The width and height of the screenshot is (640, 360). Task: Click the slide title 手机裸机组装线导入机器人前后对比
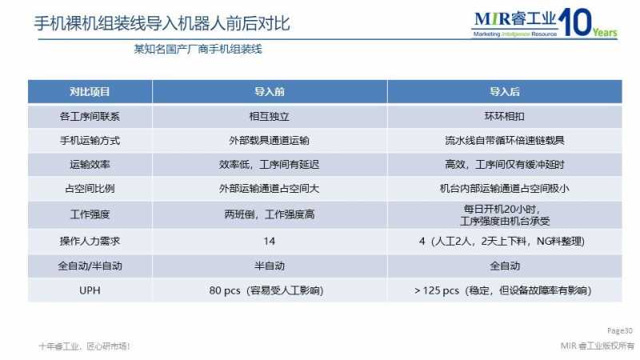[x=162, y=23]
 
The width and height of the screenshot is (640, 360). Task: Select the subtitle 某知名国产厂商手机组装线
[x=198, y=50]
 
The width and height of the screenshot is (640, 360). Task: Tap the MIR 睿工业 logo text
[x=515, y=19]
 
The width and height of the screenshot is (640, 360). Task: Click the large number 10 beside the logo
[x=575, y=22]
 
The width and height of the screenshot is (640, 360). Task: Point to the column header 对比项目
[x=90, y=92]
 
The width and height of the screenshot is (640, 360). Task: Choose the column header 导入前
[x=270, y=92]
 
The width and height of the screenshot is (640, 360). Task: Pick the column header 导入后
[x=505, y=92]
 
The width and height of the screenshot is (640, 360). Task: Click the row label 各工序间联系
[x=90, y=117]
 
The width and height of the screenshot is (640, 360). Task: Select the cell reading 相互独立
[x=270, y=117]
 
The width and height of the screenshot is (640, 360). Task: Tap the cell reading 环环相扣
[x=505, y=117]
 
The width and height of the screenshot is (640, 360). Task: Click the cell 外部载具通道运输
[x=270, y=141]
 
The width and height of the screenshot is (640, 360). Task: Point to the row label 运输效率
[x=90, y=165]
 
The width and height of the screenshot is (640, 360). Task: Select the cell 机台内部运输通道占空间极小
[x=505, y=189]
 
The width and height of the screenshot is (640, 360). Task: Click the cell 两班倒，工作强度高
[x=270, y=214]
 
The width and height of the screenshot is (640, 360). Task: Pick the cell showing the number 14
[x=270, y=242]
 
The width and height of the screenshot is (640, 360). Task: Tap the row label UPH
[x=90, y=290]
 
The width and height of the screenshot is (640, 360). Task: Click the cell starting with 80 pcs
[x=266, y=290]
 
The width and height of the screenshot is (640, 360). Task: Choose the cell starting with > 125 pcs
[x=503, y=290]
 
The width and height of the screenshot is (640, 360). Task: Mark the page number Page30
[x=619, y=330]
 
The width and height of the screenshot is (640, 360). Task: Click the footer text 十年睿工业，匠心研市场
[x=85, y=346]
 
